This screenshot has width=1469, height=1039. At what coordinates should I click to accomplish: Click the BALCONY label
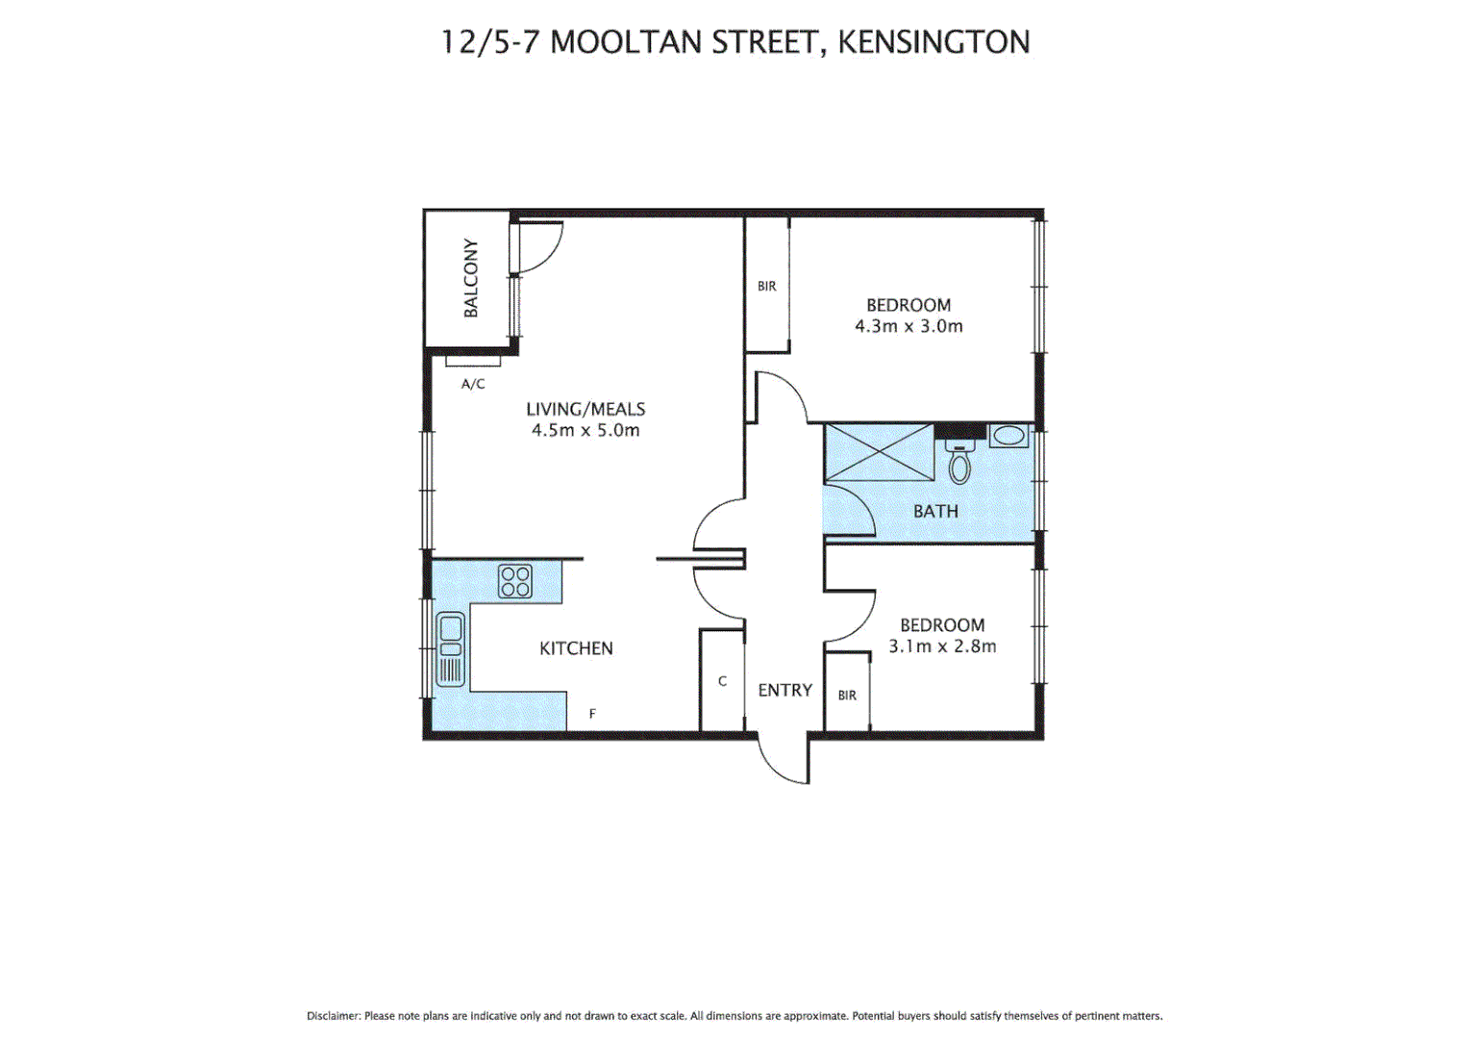coord(470,278)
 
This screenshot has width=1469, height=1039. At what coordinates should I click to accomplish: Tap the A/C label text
coord(473,384)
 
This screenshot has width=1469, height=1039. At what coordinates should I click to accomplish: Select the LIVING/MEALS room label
coord(585,409)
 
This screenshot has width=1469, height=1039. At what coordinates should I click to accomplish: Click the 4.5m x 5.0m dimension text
coord(585,431)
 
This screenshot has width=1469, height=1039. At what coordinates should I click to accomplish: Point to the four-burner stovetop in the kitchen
coord(515,581)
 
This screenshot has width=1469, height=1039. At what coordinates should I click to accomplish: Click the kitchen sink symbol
coord(450,648)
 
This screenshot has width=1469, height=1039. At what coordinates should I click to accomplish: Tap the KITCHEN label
coord(576,648)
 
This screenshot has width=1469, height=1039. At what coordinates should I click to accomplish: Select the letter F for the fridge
coord(592,714)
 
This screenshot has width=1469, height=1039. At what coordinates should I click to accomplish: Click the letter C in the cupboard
coord(722,681)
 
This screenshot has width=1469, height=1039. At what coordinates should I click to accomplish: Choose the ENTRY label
coord(784,690)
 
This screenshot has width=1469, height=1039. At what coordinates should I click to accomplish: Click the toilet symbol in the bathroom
coord(959,464)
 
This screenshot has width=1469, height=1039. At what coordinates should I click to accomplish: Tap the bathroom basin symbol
coord(1008,436)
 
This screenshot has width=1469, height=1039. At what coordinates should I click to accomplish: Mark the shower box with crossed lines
coord(879,452)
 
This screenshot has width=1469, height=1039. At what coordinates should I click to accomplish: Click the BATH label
coord(935,511)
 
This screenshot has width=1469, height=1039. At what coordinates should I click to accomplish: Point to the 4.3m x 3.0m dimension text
coord(909,326)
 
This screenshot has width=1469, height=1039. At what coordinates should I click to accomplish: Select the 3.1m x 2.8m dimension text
coord(942,646)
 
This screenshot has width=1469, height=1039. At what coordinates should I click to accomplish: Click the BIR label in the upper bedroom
coord(766,286)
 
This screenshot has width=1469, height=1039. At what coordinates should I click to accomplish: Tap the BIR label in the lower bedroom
coord(847,696)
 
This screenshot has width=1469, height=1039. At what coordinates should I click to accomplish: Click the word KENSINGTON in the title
coord(934,42)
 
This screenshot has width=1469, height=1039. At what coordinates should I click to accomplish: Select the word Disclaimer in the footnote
coord(333,1016)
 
